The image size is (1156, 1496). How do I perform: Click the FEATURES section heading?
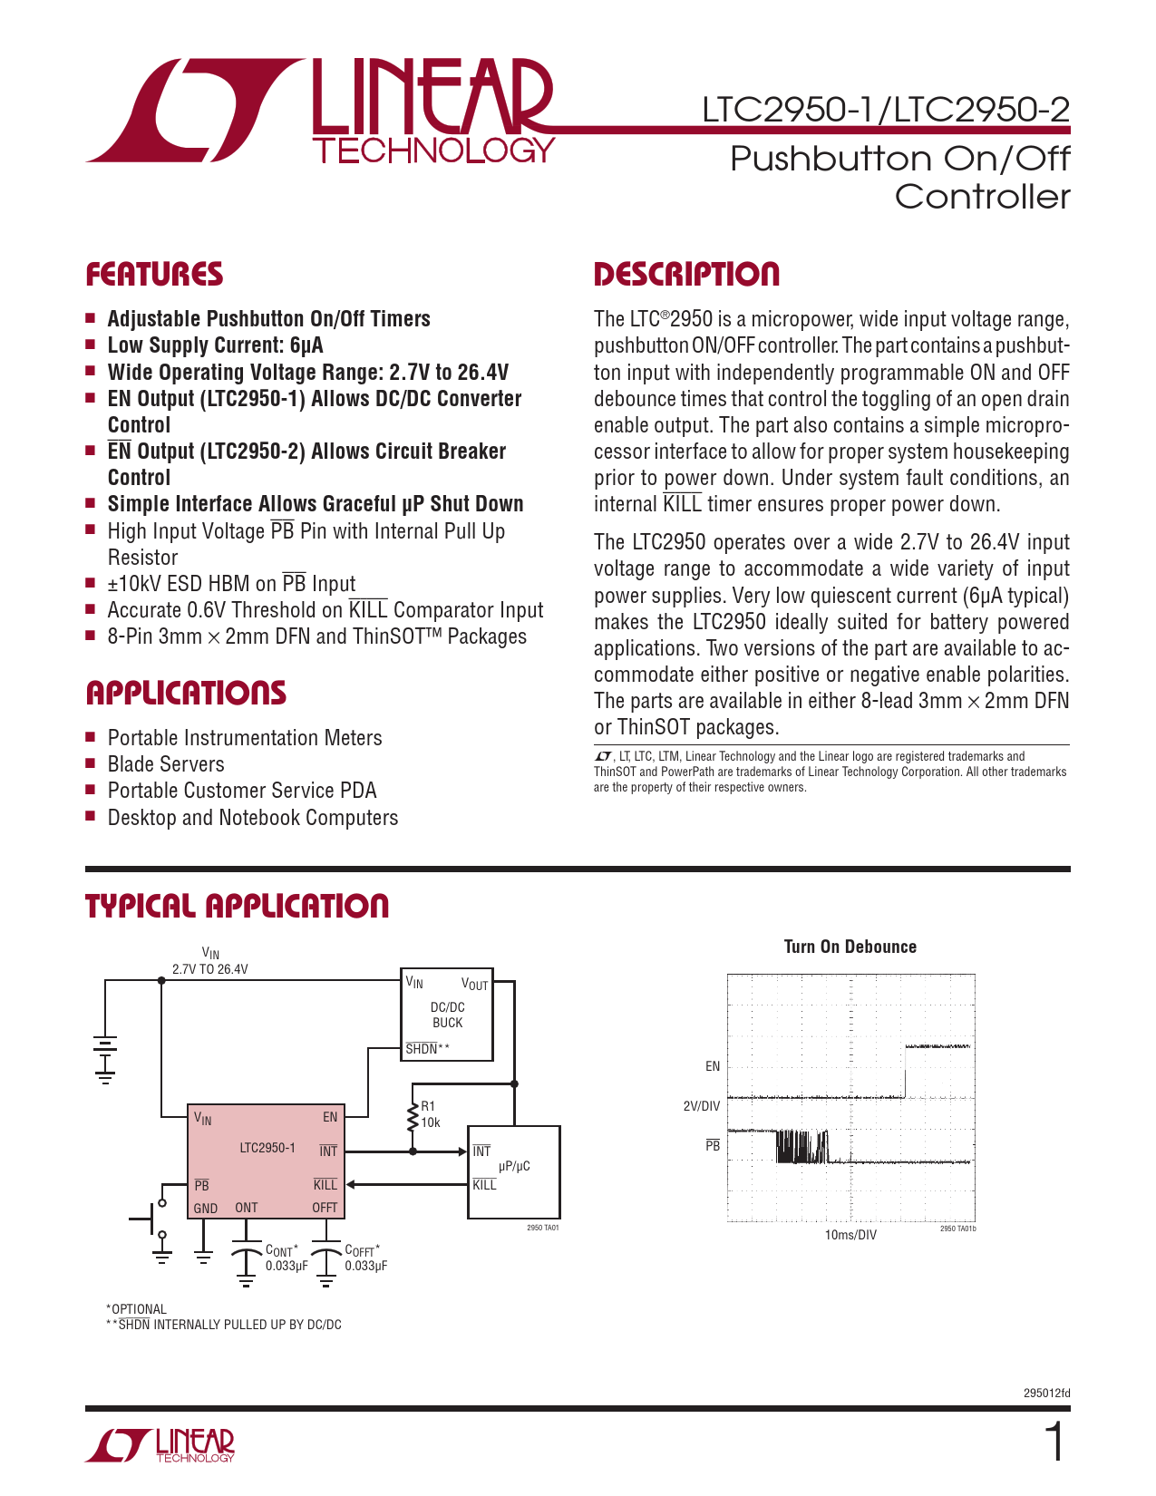click(x=154, y=275)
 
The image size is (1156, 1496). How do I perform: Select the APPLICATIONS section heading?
click(x=186, y=694)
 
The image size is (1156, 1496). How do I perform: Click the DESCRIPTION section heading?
click(x=686, y=275)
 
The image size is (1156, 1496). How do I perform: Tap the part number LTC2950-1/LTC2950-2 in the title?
click(x=886, y=110)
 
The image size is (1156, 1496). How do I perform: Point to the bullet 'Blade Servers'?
click(x=166, y=764)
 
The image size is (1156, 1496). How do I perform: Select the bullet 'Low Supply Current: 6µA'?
click(x=215, y=345)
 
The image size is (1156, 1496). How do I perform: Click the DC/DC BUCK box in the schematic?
click(x=447, y=1015)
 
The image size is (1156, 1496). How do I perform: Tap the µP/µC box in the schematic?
click(x=514, y=1166)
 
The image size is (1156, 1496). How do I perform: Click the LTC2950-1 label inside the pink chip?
click(x=267, y=1148)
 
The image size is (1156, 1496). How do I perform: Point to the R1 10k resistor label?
click(x=430, y=1114)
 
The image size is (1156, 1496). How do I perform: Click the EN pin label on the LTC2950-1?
click(x=330, y=1117)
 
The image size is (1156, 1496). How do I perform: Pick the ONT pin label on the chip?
click(x=246, y=1208)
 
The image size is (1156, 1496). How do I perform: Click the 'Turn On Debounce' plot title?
click(x=850, y=947)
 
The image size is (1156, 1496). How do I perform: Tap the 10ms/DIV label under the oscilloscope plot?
click(x=850, y=1235)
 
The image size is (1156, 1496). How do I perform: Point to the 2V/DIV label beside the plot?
click(x=702, y=1106)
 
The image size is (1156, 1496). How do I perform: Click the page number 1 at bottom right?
click(x=1054, y=1443)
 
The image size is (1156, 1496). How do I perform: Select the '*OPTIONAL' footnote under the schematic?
click(x=137, y=1309)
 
